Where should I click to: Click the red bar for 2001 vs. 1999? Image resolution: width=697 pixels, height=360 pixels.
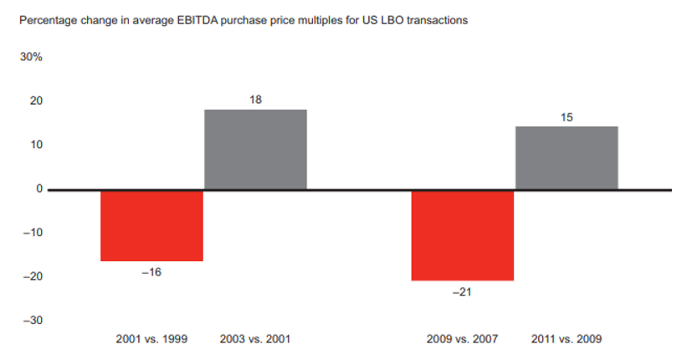point(151,225)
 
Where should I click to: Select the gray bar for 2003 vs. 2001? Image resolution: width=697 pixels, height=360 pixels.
point(255,149)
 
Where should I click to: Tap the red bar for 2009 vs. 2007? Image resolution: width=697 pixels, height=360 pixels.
point(462,234)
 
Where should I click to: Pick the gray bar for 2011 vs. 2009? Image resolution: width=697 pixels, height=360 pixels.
point(566,157)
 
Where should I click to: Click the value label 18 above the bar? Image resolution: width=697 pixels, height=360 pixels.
point(256,100)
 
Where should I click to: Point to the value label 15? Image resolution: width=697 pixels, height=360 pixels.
point(566,117)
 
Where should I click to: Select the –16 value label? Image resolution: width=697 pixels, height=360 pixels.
point(151,272)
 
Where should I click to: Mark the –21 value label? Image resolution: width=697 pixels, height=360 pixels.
point(462,292)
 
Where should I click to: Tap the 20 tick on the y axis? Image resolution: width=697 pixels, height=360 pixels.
point(36,101)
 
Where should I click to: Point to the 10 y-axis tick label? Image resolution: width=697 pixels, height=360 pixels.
point(36,145)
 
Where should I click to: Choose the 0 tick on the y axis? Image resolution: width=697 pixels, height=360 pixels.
point(38,189)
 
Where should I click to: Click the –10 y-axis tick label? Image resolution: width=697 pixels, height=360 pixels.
point(33,233)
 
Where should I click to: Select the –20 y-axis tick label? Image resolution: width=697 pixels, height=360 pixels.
point(33,276)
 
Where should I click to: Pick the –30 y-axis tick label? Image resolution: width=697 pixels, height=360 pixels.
point(33,321)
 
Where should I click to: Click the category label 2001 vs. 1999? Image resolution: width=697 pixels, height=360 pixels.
point(151,339)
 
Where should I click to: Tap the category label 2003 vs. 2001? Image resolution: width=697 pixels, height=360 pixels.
point(255,339)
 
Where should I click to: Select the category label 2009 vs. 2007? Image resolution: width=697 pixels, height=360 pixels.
point(462,339)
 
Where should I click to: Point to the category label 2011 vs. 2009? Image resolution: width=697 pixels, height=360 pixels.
point(566,339)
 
